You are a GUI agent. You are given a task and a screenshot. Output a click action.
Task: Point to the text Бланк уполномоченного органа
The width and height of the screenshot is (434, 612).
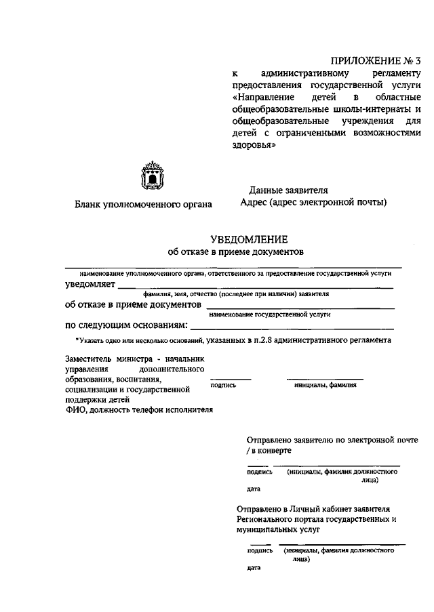tap(143, 204)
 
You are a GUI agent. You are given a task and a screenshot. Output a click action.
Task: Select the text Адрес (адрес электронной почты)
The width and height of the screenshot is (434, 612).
tap(313, 202)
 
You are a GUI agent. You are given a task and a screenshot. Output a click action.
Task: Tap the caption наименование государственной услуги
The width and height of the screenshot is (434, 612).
tap(269, 315)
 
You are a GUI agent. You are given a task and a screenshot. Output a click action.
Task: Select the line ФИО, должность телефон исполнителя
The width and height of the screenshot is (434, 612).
tap(139, 409)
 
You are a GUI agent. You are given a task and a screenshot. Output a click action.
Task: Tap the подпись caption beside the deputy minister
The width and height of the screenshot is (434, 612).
tap(224, 385)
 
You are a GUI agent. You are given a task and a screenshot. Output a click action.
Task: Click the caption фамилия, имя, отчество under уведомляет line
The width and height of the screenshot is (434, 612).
tap(235, 295)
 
